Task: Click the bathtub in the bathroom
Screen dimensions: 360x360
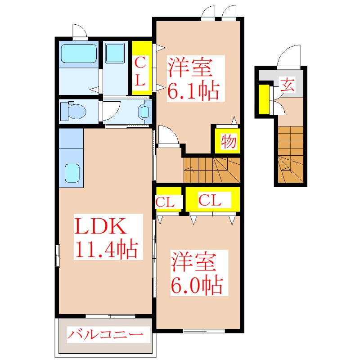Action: tap(78, 54)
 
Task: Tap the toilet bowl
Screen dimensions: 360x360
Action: tap(75, 111)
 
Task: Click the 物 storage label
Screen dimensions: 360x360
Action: tap(228, 142)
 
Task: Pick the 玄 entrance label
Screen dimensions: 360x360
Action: tap(288, 85)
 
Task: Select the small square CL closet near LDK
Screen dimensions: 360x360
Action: tap(168, 200)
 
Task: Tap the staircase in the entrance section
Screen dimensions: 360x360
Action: tap(291, 155)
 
